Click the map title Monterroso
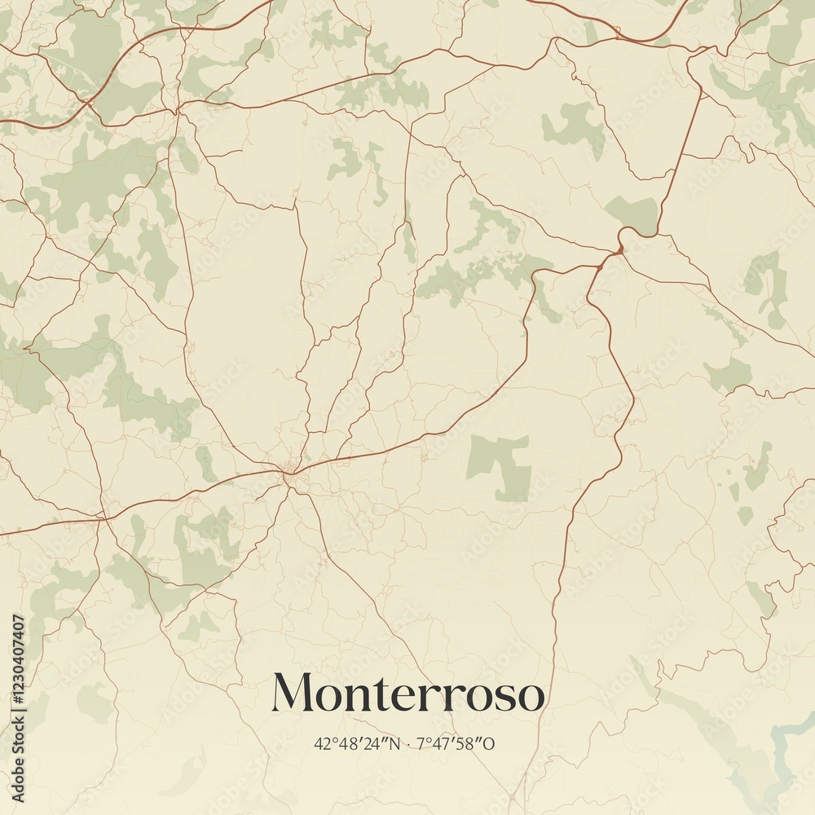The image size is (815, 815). pos(407,693)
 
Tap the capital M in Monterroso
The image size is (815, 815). pos(291,693)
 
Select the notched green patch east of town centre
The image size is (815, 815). pos(500,465)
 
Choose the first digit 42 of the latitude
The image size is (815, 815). pos(319,743)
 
